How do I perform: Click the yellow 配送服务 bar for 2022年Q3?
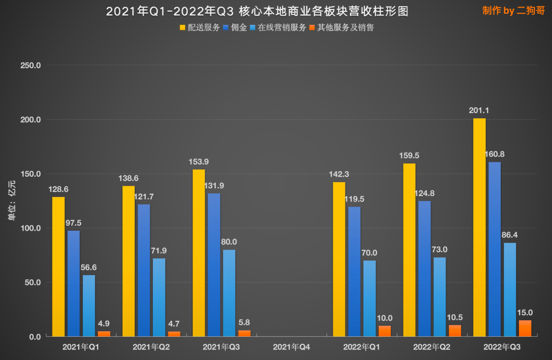[x=480, y=227]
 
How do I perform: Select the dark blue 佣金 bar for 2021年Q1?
[x=73, y=283]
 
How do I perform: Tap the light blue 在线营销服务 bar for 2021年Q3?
[x=229, y=293]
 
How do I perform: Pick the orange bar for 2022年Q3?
[x=525, y=328]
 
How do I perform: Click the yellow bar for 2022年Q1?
[x=339, y=259]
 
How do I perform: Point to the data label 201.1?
[x=480, y=110]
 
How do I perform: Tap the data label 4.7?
[x=174, y=324]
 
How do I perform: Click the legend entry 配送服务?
[x=200, y=27]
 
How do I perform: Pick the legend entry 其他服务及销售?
[x=342, y=27]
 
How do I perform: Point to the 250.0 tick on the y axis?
[x=30, y=66]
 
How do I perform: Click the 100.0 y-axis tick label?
[x=30, y=228]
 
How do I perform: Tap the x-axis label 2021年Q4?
[x=291, y=346]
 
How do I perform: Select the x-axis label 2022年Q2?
[x=432, y=346]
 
